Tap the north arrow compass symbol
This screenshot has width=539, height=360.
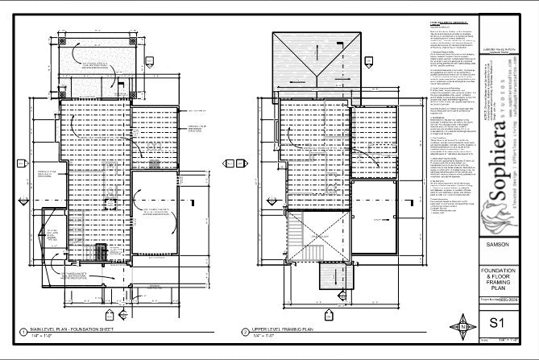[x=463, y=328]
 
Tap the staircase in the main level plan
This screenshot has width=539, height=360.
[x=101, y=252]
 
